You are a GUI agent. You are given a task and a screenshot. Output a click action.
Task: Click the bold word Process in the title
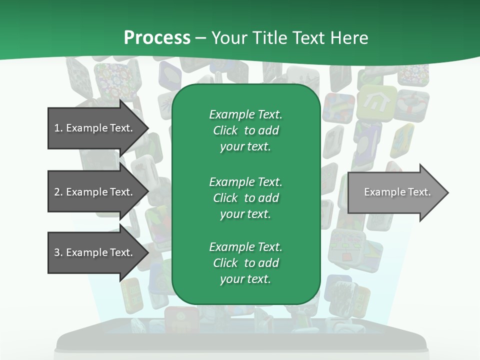[157, 37]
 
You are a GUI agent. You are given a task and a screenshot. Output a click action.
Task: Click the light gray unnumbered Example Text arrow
[395, 192]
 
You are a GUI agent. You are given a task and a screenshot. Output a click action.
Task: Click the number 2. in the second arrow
[58, 192]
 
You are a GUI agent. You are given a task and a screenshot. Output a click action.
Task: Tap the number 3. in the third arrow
[58, 252]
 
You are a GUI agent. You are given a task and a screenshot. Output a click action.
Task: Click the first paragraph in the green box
[245, 130]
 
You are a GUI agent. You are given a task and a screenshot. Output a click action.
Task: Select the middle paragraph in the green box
[245, 197]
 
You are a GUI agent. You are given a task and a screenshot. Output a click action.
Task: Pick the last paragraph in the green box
[245, 263]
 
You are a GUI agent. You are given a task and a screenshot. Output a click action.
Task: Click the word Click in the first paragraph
[225, 130]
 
